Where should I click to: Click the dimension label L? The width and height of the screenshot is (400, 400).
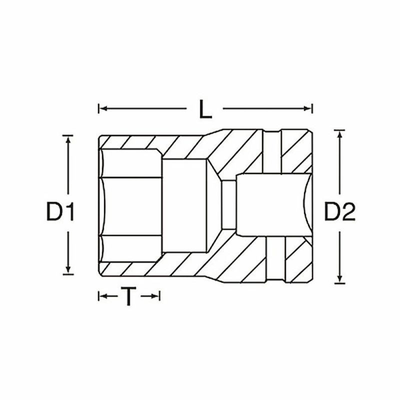coord(204,109)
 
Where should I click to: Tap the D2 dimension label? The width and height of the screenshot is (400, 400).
coord(339,212)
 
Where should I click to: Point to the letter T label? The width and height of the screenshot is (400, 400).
coord(129,297)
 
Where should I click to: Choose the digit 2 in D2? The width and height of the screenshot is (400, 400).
coord(348,212)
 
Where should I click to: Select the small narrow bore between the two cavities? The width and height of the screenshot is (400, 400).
coord(227,205)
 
